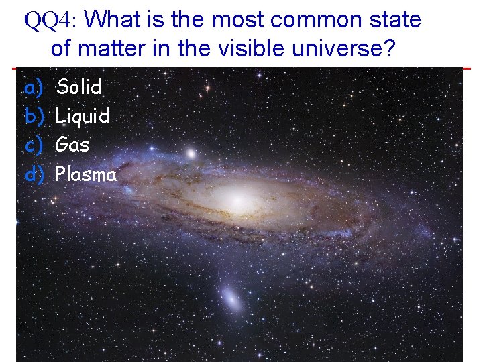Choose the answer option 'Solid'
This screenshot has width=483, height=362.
pyautogui.click(x=79, y=86)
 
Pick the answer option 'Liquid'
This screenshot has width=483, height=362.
pyautogui.click(x=82, y=116)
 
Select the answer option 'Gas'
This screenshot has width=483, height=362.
pyautogui.click(x=72, y=145)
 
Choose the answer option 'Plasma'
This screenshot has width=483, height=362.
pyautogui.click(x=86, y=174)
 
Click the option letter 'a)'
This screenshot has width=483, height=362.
pyautogui.click(x=34, y=86)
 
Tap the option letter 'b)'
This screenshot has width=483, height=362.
pyautogui.click(x=34, y=116)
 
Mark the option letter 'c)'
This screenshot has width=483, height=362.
pyautogui.click(x=34, y=145)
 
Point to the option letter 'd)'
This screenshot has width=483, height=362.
pyautogui.click(x=34, y=174)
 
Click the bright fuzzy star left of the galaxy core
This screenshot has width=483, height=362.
pyautogui.click(x=191, y=154)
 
